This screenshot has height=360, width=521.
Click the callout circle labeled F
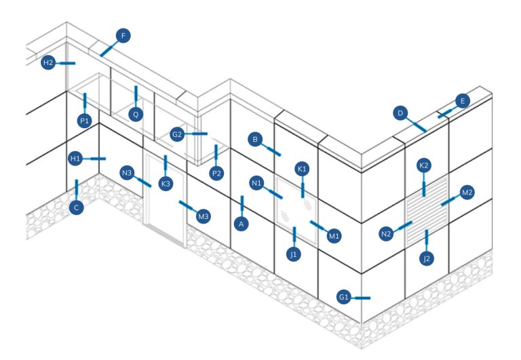coord(123,35)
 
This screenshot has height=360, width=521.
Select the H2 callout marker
coord(48,62)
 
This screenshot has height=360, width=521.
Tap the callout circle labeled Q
coord(136,114)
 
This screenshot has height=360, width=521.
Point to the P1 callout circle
coord(85,121)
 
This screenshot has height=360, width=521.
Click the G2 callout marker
coord(178,134)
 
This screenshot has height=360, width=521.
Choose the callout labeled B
coord(256,140)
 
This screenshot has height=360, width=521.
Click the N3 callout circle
coord(127,172)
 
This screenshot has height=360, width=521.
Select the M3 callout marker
coord(202,216)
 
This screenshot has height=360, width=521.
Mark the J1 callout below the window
coord(294,254)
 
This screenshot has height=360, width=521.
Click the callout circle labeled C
coord(77,207)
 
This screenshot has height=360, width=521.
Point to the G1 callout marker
coord(345,297)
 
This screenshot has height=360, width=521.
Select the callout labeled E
coord(462,102)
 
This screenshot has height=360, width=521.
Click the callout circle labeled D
coord(401,112)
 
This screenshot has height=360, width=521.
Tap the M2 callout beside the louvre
coord(466,193)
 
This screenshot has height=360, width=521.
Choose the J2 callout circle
coord(426,258)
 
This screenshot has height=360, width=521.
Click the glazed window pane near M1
coord(295,207)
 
